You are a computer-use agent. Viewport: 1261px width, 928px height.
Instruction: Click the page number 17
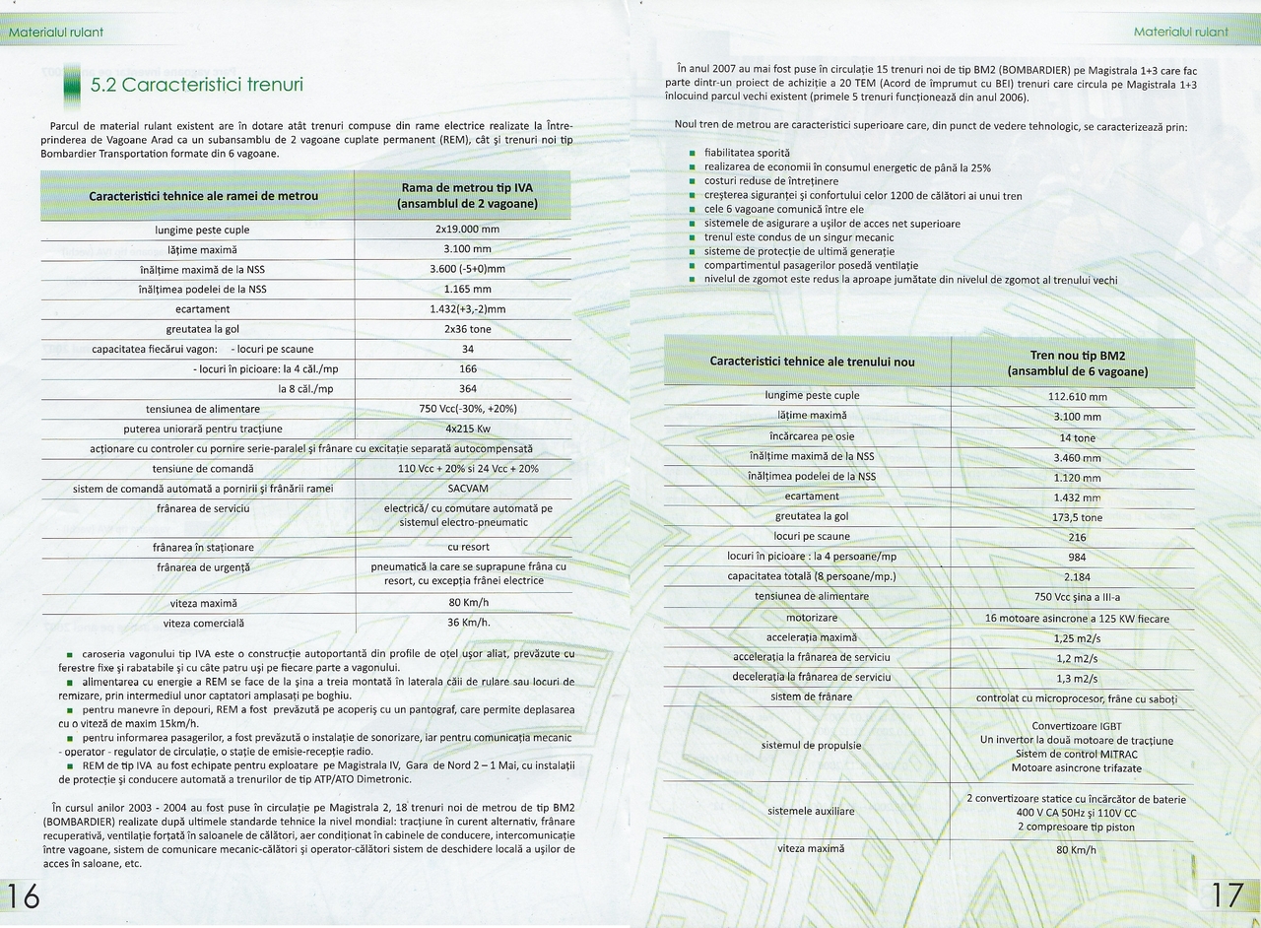click(1228, 895)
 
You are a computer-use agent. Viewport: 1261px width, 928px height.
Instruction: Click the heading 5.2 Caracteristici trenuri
click(197, 85)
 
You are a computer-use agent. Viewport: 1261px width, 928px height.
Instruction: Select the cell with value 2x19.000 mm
click(467, 230)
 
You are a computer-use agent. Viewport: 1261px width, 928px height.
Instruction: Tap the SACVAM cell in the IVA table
click(467, 489)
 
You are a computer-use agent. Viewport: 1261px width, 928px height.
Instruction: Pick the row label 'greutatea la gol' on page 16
click(204, 329)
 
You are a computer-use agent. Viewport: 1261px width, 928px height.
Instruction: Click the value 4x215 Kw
click(467, 429)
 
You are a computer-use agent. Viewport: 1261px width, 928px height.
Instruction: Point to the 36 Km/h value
click(468, 623)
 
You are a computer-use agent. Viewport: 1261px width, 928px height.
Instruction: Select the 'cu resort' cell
click(468, 547)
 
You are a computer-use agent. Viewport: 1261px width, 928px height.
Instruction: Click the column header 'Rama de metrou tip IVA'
click(467, 195)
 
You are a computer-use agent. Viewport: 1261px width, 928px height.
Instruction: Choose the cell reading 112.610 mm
click(1078, 396)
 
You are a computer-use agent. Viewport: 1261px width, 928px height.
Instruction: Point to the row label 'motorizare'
click(812, 617)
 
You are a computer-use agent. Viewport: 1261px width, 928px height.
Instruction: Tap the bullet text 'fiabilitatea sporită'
click(747, 153)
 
